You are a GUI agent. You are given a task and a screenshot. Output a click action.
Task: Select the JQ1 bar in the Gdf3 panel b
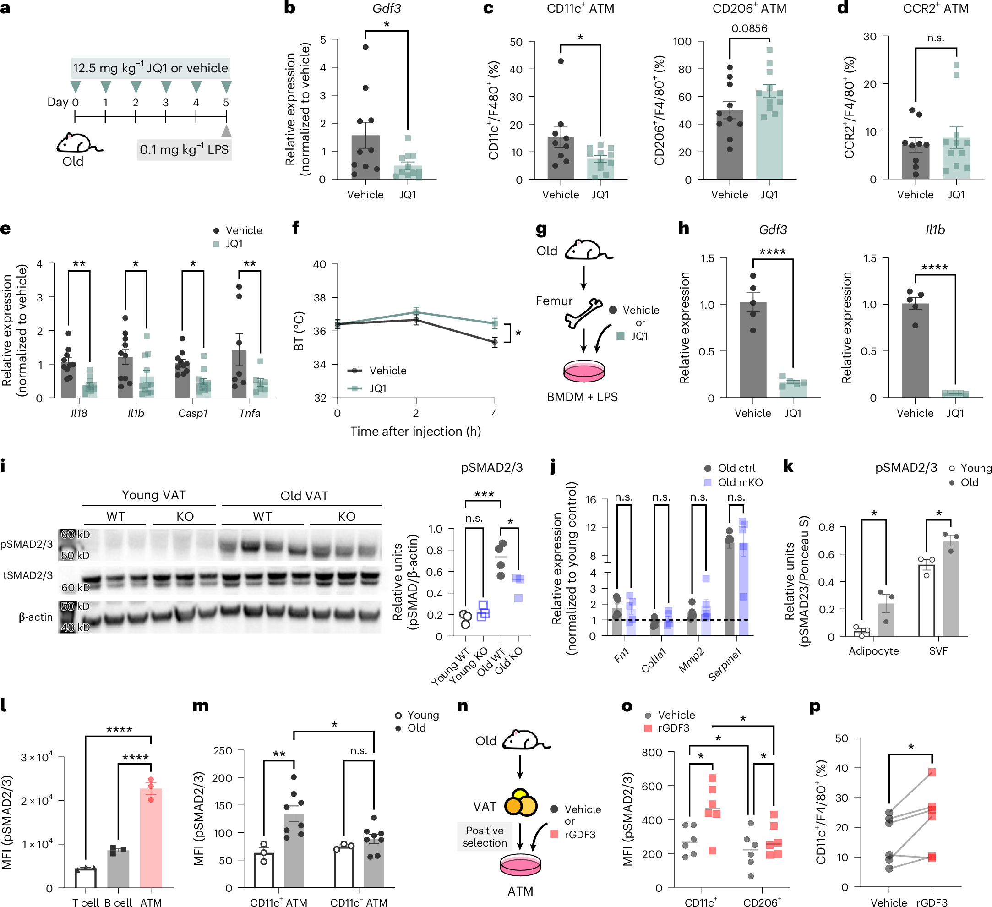point(408,173)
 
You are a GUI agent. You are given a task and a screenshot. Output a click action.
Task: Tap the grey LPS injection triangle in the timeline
point(226,131)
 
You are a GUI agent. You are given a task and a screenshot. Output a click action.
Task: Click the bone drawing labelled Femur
point(583,313)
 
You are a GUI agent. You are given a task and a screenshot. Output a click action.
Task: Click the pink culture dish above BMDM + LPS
point(583,371)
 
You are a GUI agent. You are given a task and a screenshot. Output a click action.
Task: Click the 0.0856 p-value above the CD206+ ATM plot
point(749,28)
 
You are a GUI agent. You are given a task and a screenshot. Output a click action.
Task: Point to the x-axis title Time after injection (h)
point(415,432)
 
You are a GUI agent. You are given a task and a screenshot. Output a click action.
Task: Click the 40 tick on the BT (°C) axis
point(320,264)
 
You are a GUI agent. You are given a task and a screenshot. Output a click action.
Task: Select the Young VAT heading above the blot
point(153,495)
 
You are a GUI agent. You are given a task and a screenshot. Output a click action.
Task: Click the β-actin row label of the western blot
point(35,617)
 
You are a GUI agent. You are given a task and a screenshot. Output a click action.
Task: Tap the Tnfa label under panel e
point(250,413)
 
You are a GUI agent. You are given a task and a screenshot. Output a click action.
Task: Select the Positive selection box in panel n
point(484,836)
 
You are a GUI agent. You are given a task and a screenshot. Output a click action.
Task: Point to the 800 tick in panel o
point(652,753)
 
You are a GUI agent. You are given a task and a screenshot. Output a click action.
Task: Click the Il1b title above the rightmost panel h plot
point(935,230)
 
